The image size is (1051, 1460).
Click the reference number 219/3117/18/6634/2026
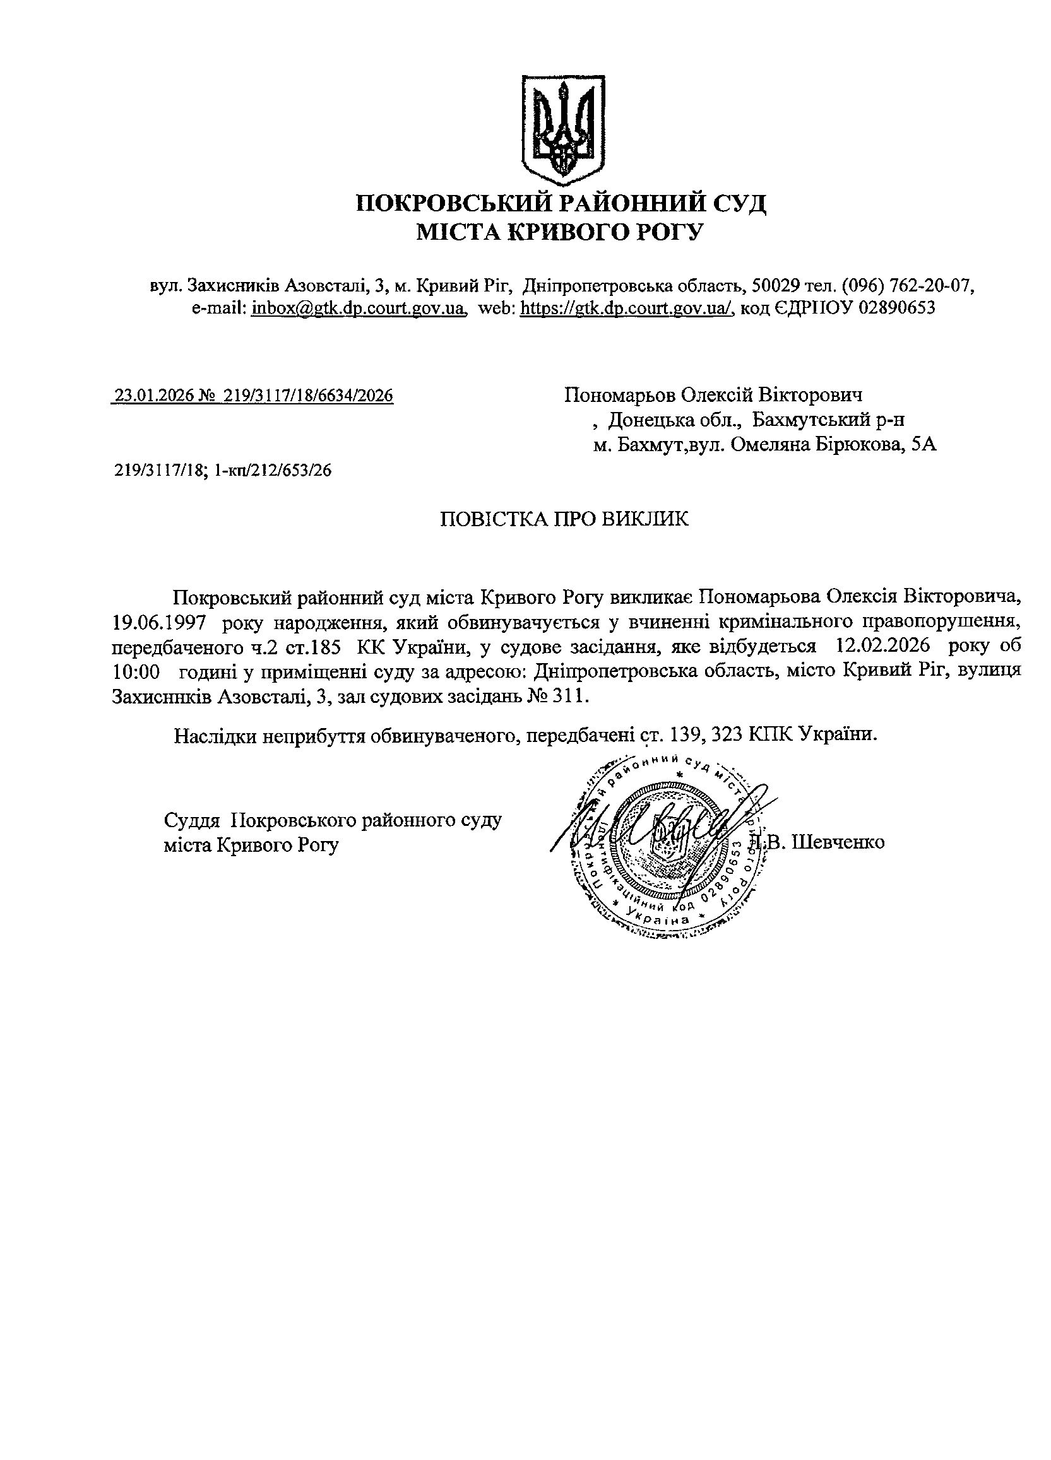pos(308,395)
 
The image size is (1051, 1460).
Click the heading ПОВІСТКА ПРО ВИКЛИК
pos(564,519)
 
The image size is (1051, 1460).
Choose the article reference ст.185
pos(312,646)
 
